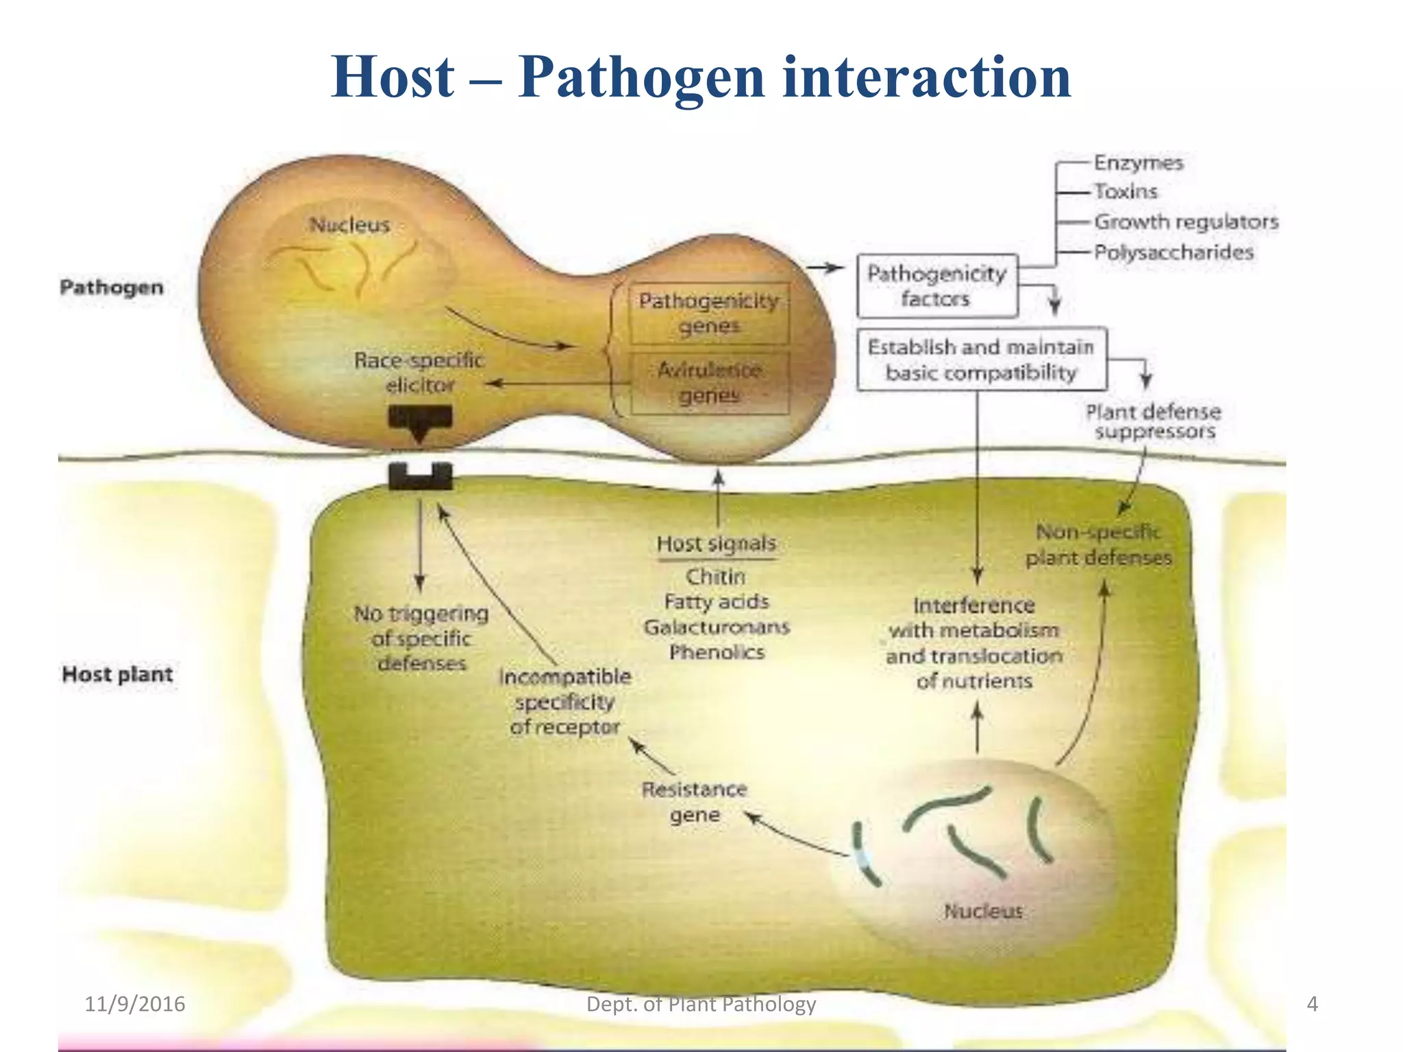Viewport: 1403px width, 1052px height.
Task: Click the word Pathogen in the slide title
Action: tap(641, 77)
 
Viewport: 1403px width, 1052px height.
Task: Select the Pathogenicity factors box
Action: tap(936, 286)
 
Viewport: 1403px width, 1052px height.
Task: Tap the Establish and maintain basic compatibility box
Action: tap(981, 360)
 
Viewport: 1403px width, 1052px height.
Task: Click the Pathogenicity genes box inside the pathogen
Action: tap(709, 313)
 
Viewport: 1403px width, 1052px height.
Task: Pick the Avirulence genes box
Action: tap(709, 383)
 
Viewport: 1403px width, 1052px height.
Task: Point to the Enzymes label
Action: tap(1139, 163)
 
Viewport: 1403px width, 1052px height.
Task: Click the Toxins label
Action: tap(1126, 192)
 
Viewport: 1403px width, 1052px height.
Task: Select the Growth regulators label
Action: tap(1186, 222)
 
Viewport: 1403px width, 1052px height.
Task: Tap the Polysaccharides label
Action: tap(1174, 252)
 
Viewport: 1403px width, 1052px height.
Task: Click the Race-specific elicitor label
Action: tap(419, 373)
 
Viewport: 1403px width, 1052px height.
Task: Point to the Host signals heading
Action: tap(716, 544)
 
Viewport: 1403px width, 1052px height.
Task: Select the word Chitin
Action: tap(715, 577)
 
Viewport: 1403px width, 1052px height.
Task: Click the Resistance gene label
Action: tap(694, 802)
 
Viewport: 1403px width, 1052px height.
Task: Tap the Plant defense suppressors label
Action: tap(1154, 421)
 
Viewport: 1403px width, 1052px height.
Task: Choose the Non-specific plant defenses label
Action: tap(1098, 544)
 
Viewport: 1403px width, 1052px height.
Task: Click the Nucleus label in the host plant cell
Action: tap(983, 912)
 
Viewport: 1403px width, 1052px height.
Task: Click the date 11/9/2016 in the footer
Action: tap(135, 1004)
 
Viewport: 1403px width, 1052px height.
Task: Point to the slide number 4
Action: tap(1312, 1004)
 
